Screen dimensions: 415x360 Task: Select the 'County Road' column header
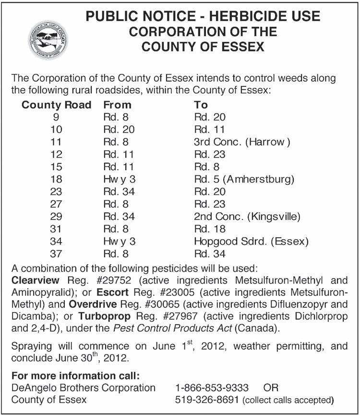point(57,105)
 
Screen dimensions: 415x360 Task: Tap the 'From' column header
point(117,105)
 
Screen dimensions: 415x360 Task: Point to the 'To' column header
point(201,105)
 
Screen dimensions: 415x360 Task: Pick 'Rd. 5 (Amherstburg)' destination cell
point(244,180)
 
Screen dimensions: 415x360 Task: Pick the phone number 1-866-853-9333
point(212,388)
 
